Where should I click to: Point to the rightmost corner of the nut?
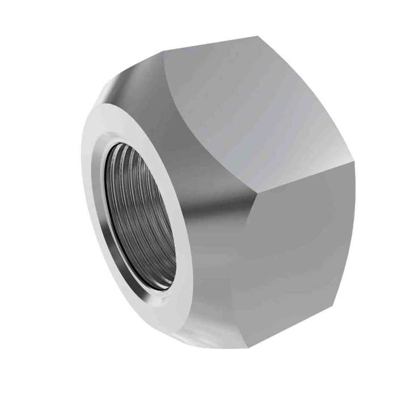pyautogui.click(x=356, y=170)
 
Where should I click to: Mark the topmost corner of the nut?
pyautogui.click(x=259, y=36)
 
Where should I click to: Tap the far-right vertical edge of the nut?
pyautogui.click(x=355, y=227)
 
